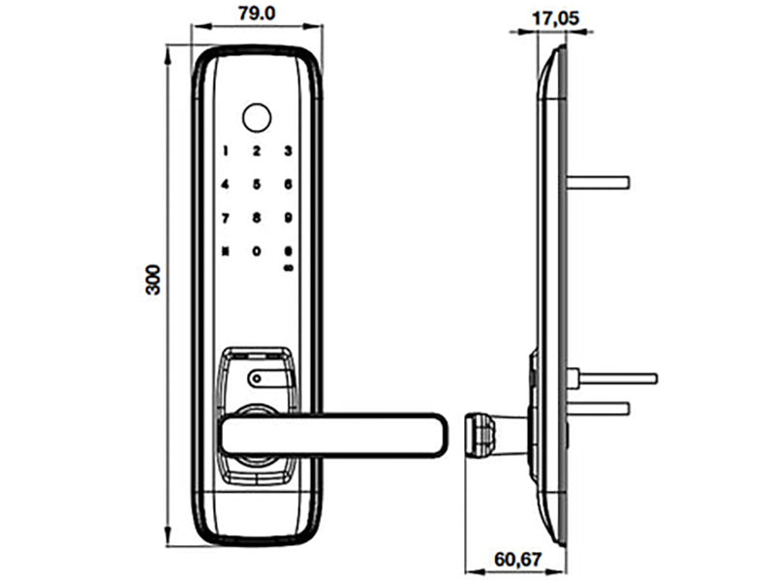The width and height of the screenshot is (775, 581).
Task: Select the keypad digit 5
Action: click(x=257, y=184)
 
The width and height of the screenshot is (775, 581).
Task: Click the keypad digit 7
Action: click(x=226, y=218)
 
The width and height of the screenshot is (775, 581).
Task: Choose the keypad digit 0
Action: click(x=257, y=252)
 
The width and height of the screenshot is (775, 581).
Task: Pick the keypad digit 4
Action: click(x=226, y=184)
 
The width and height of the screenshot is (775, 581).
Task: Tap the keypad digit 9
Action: click(x=288, y=218)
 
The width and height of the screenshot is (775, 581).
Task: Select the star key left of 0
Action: click(x=226, y=252)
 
